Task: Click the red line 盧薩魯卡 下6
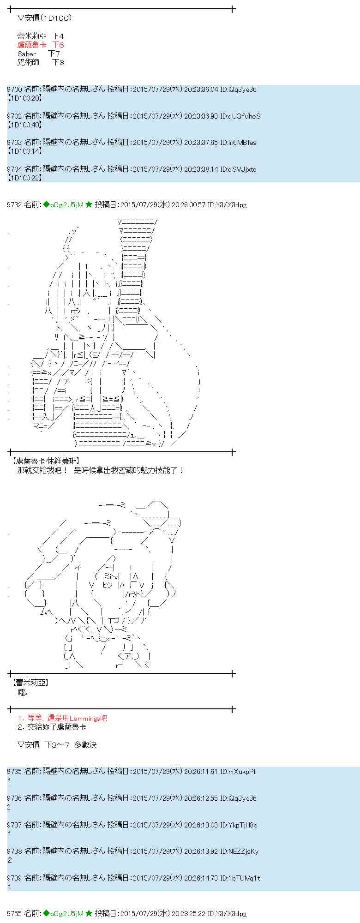[40, 45]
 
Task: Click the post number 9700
[14, 90]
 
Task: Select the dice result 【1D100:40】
[25, 125]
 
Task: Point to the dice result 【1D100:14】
[25, 151]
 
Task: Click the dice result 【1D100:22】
[25, 177]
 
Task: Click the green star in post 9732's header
[89, 204]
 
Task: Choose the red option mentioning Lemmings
[62, 718]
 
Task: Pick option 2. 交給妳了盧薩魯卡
[51, 727]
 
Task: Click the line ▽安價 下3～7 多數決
[57, 744]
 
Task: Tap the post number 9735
[14, 771]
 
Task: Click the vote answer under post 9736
[9, 807]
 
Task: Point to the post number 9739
[14, 878]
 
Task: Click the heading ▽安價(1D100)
[44, 18]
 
